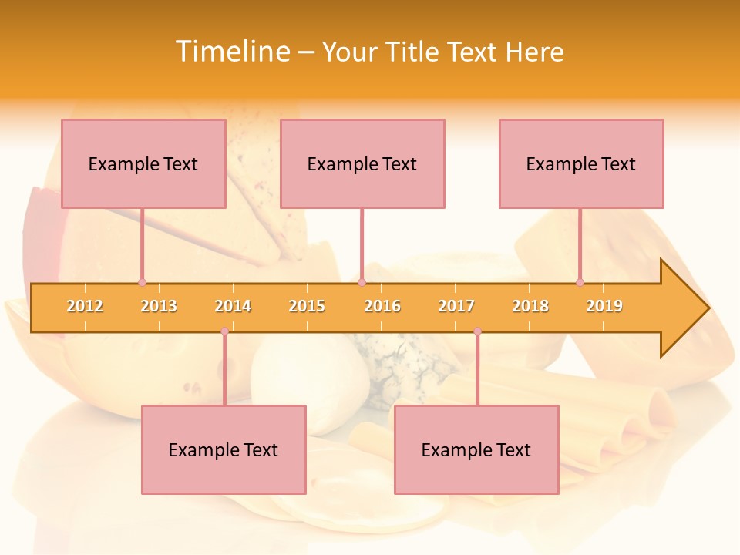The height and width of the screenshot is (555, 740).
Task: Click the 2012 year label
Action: pyautogui.click(x=85, y=306)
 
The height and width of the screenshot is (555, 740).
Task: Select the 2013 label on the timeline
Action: pyautogui.click(x=159, y=306)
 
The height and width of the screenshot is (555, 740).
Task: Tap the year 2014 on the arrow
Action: pyautogui.click(x=233, y=306)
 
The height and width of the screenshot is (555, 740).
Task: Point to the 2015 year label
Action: pyautogui.click(x=307, y=306)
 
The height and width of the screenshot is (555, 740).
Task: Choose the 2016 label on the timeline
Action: pyautogui.click(x=382, y=306)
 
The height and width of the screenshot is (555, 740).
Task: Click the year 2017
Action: pyautogui.click(x=456, y=306)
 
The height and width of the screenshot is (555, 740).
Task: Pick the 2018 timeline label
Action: pyautogui.click(x=530, y=306)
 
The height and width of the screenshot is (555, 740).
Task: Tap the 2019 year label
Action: pyautogui.click(x=604, y=306)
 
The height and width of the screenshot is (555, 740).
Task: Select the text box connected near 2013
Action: pyautogui.click(x=143, y=163)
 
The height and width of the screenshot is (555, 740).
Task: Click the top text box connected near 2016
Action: pyautogui.click(x=362, y=163)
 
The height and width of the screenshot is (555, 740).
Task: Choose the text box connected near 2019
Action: pyautogui.click(x=581, y=163)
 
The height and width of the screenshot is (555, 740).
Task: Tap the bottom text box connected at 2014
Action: pyautogui.click(x=224, y=449)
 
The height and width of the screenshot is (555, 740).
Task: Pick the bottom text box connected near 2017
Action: pyautogui.click(x=476, y=449)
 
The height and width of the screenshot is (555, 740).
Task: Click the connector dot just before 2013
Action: pyautogui.click(x=142, y=282)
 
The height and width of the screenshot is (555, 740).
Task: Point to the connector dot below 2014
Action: pyautogui.click(x=224, y=331)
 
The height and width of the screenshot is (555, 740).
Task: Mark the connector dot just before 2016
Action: pyautogui.click(x=362, y=282)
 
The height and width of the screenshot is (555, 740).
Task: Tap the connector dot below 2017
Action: pyautogui.click(x=477, y=331)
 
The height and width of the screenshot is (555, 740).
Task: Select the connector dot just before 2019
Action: pyautogui.click(x=580, y=282)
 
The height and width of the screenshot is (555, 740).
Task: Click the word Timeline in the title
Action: pyautogui.click(x=231, y=52)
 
